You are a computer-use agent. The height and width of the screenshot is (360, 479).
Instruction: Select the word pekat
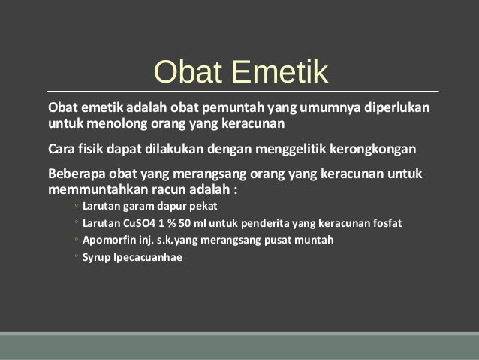click(200, 206)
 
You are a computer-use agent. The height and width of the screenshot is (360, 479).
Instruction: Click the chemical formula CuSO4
click(140, 224)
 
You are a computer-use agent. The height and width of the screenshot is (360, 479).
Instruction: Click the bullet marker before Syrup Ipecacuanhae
click(76, 259)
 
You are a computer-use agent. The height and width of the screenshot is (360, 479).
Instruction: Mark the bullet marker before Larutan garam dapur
click(76, 206)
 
